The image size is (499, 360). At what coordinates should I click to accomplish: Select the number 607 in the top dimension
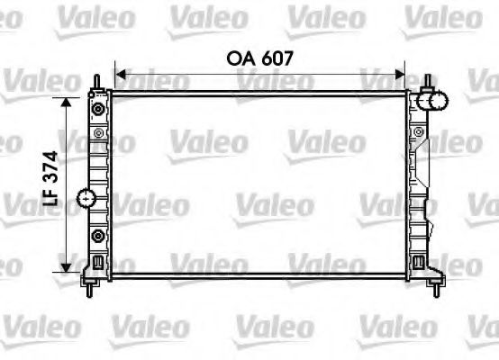point(277,58)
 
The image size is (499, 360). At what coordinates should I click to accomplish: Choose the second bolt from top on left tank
point(98,134)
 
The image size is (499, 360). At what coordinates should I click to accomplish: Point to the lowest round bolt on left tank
point(98,236)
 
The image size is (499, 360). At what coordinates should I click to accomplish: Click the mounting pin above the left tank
point(94,83)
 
